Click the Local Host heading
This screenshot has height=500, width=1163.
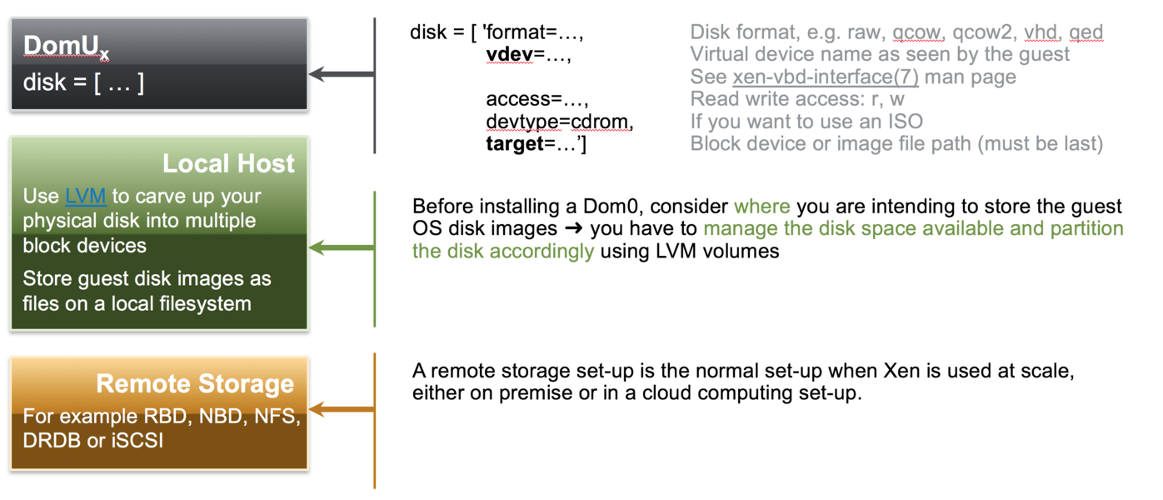tap(228, 163)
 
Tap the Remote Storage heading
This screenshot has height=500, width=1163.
tap(195, 384)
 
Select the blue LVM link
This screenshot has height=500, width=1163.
tap(86, 197)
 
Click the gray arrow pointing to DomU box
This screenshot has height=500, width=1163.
tap(342, 73)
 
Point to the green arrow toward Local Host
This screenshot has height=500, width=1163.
tap(342, 247)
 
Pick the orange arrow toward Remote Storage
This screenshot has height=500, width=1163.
tap(342, 409)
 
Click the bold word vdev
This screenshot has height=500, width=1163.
tap(509, 54)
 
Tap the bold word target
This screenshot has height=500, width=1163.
tap(515, 144)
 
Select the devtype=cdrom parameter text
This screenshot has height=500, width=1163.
tap(560, 122)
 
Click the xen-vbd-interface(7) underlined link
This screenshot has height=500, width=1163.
tap(826, 77)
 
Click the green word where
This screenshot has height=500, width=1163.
tap(762, 207)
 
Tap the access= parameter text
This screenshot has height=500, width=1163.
tap(537, 99)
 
